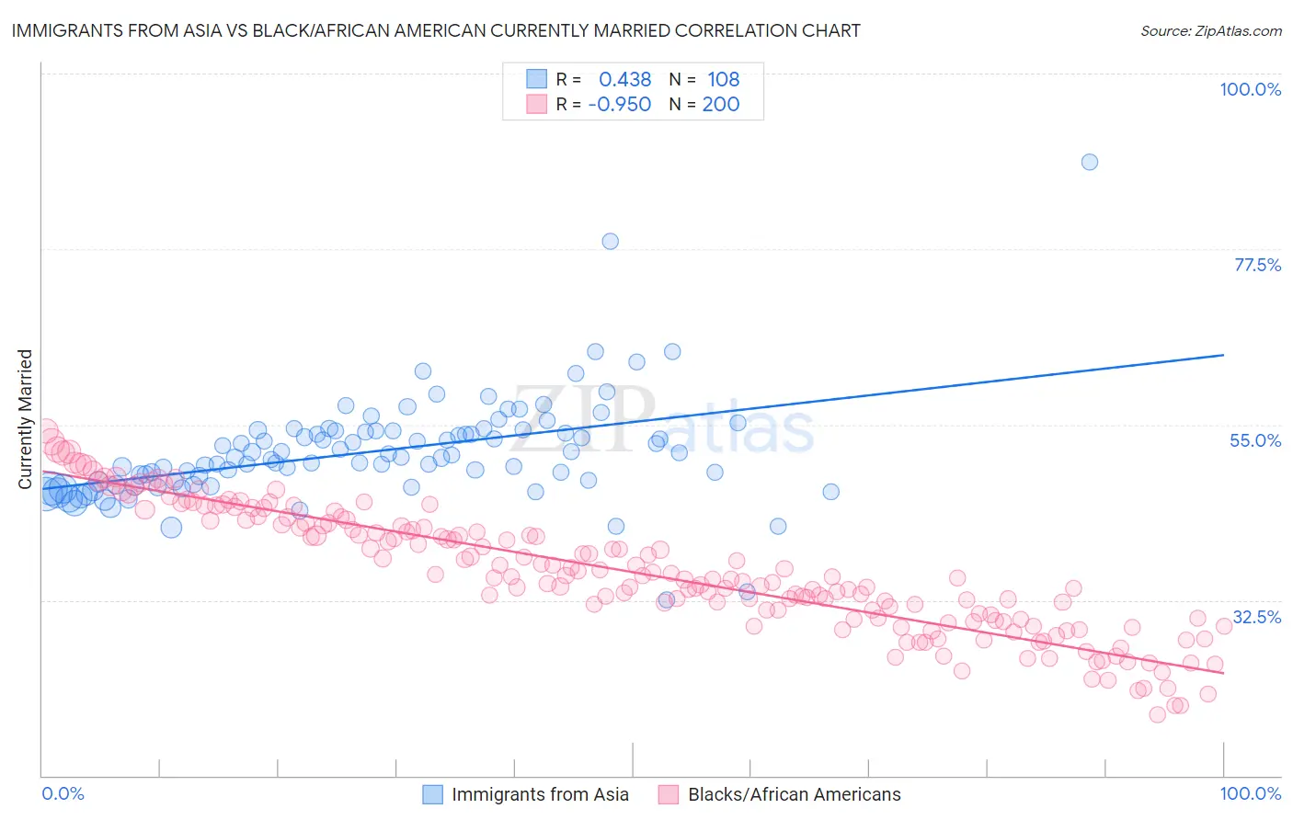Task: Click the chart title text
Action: pyautogui.click(x=436, y=30)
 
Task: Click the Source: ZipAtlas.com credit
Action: pyautogui.click(x=1210, y=30)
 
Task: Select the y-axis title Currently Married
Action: pyautogui.click(x=25, y=419)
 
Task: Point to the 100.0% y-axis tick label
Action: pyautogui.click(x=1250, y=89)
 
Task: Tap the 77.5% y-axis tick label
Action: pyautogui.click(x=1257, y=265)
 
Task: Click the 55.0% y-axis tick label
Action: pyautogui.click(x=1255, y=440)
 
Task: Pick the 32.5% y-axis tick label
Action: pyautogui.click(x=1256, y=616)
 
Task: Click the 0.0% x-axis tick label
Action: pyautogui.click(x=63, y=793)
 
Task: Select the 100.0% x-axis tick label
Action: pyautogui.click(x=1250, y=793)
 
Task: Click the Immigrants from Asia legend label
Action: pyautogui.click(x=540, y=794)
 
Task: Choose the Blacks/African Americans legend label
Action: pyautogui.click(x=795, y=794)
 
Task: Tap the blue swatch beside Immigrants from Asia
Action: pyautogui.click(x=432, y=794)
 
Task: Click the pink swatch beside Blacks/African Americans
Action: pyautogui.click(x=669, y=794)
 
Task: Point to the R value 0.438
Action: pyautogui.click(x=624, y=80)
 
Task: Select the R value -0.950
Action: pyautogui.click(x=619, y=105)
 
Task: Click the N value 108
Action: pyautogui.click(x=723, y=80)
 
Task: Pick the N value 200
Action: pyautogui.click(x=721, y=105)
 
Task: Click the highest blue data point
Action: pyautogui.click(x=1090, y=162)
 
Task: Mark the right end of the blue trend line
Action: pyautogui.click(x=1223, y=355)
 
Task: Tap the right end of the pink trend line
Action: pyautogui.click(x=1223, y=673)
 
